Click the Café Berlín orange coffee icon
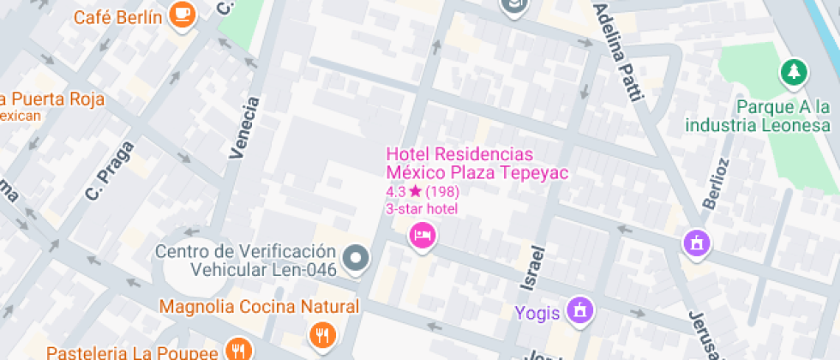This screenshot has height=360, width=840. (183, 14)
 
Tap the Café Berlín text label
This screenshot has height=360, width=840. (118, 17)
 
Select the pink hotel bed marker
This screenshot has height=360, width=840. (422, 234)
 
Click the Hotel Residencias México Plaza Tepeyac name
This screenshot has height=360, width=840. (477, 163)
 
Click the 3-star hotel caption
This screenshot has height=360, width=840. (422, 208)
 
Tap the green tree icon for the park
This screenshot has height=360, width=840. (794, 73)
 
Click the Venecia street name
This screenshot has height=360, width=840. (244, 129)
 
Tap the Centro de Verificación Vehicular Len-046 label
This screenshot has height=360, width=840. (244, 261)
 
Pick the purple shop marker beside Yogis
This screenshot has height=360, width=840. (581, 311)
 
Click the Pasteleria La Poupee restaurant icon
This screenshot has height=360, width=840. (237, 350)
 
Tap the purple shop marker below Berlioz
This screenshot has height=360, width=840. (696, 243)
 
